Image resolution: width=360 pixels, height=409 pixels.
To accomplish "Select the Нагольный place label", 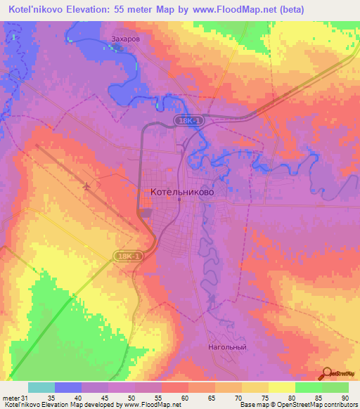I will pos(227,347).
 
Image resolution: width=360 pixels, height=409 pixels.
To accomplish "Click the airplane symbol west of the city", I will pos(86,187).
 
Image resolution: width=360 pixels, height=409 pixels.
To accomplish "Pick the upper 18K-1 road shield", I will pos(186,122).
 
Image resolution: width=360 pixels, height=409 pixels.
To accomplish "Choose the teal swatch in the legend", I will pos(41,387).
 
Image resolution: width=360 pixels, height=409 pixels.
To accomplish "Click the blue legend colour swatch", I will pos(67,387).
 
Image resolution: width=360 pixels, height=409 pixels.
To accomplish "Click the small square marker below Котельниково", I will pos(179,200).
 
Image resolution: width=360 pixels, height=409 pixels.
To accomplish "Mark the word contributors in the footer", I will pos(340,404).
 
